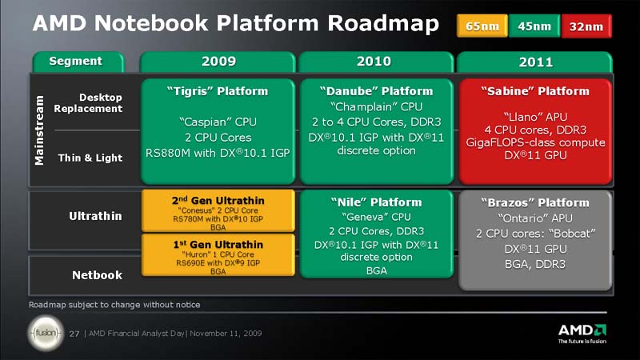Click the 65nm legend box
click(482, 26)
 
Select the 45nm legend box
click(534, 26)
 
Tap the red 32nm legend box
click(586, 26)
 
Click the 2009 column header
click(218, 62)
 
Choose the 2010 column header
click(374, 62)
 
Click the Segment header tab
click(76, 61)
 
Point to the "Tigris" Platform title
click(218, 91)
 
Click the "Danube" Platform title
click(374, 91)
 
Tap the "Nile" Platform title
click(374, 202)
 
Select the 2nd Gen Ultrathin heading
click(218, 200)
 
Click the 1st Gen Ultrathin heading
click(218, 242)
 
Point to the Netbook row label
click(97, 275)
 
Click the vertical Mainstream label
click(39, 131)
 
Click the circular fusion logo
click(45, 333)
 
